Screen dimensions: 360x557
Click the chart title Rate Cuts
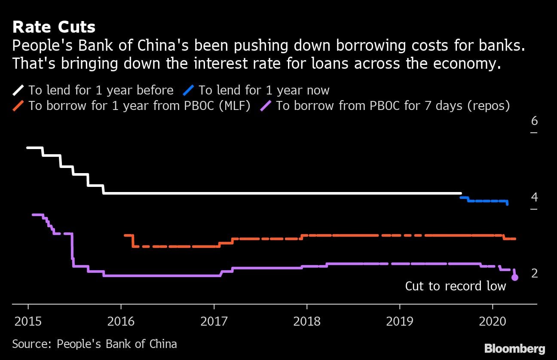[x=54, y=27]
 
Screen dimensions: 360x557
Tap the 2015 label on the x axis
[x=28, y=321]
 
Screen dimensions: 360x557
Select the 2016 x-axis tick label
[x=121, y=321]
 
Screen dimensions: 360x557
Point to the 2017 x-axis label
[x=214, y=321]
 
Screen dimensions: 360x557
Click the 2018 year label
[x=307, y=321]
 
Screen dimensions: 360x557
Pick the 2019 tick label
[x=400, y=321]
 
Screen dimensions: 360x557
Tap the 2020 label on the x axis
[x=493, y=321]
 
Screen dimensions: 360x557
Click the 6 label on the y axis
[x=534, y=121]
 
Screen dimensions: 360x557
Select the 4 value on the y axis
[x=534, y=197]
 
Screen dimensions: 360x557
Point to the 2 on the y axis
[x=534, y=273]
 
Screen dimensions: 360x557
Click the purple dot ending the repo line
[x=515, y=278]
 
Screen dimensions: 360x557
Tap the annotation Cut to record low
[x=456, y=286]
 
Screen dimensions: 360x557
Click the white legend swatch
[x=18, y=90]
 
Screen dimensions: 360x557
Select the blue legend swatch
[x=189, y=90]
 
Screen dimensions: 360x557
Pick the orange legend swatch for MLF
[x=18, y=106]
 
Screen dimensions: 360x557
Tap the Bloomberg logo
[x=514, y=348]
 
